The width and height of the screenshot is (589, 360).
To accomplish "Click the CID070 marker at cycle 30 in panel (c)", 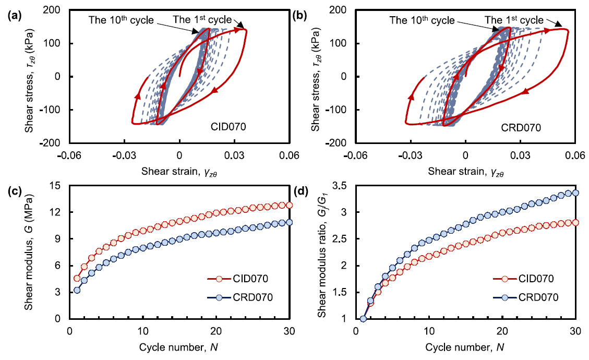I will pyautogui.click(x=289, y=205).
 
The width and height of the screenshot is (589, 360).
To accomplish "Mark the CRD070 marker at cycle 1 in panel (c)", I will pyautogui.click(x=77, y=290).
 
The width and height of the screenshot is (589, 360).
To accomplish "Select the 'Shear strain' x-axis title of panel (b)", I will pyautogui.click(x=466, y=171).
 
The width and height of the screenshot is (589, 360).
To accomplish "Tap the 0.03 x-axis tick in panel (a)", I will pyautogui.click(x=235, y=155).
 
